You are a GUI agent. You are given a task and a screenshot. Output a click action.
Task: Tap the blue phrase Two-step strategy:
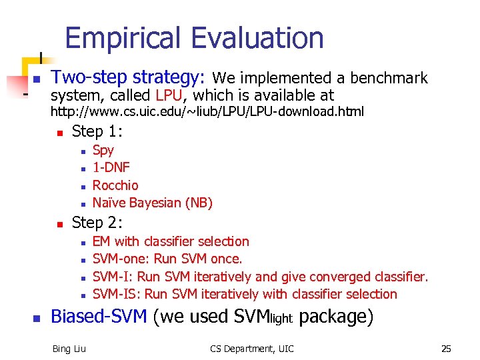[x=129, y=78]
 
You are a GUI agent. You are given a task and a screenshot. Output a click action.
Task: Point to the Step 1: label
[x=97, y=131]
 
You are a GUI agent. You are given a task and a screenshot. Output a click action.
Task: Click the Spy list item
[x=103, y=150]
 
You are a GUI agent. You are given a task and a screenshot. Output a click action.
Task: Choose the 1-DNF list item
[x=111, y=167]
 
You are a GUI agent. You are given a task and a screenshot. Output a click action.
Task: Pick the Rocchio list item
[x=115, y=185]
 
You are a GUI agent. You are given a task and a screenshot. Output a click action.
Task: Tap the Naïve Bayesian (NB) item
[x=152, y=203]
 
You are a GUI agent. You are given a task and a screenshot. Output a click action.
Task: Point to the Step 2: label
[x=97, y=222]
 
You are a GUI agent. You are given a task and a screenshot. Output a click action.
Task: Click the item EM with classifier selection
[x=171, y=241]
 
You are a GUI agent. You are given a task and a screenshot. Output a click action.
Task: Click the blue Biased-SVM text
[x=99, y=317]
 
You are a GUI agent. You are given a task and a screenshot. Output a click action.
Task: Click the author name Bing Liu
[x=69, y=348]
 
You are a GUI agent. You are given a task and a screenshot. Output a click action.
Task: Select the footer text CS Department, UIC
[x=251, y=348]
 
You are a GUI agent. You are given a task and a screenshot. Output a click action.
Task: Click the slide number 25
[x=446, y=348]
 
